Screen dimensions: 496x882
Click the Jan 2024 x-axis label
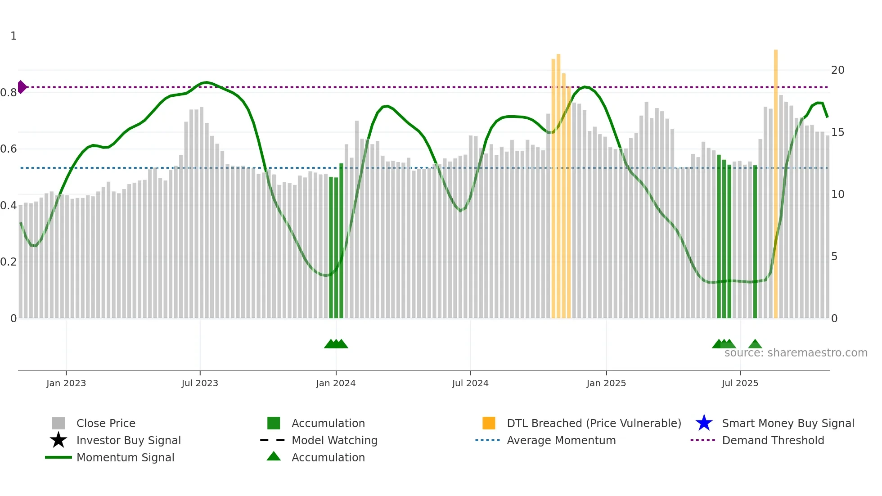(x=336, y=383)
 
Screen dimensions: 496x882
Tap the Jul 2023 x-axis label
(x=200, y=383)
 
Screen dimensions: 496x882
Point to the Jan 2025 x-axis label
(x=606, y=383)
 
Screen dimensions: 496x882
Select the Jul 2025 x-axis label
(x=740, y=383)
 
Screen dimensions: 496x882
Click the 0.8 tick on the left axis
(x=9, y=93)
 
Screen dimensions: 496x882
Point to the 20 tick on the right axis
(x=837, y=70)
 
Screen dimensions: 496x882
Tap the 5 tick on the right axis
(x=834, y=257)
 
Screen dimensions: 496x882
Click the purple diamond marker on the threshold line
(x=22, y=87)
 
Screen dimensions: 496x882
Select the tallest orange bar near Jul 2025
(x=776, y=180)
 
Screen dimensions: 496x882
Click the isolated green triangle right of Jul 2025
(x=755, y=344)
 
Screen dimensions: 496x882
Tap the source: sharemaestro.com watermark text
(x=796, y=353)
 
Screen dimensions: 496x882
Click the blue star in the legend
(x=704, y=423)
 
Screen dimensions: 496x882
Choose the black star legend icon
(x=58, y=440)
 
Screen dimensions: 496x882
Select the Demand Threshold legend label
(x=773, y=440)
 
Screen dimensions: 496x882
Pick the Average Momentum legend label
(x=561, y=440)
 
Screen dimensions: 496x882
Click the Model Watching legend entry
(x=334, y=440)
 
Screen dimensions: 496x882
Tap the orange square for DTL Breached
(x=489, y=423)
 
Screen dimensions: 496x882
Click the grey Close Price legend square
(x=58, y=423)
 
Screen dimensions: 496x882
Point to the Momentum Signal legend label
(x=125, y=457)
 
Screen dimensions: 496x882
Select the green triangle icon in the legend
(x=274, y=456)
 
